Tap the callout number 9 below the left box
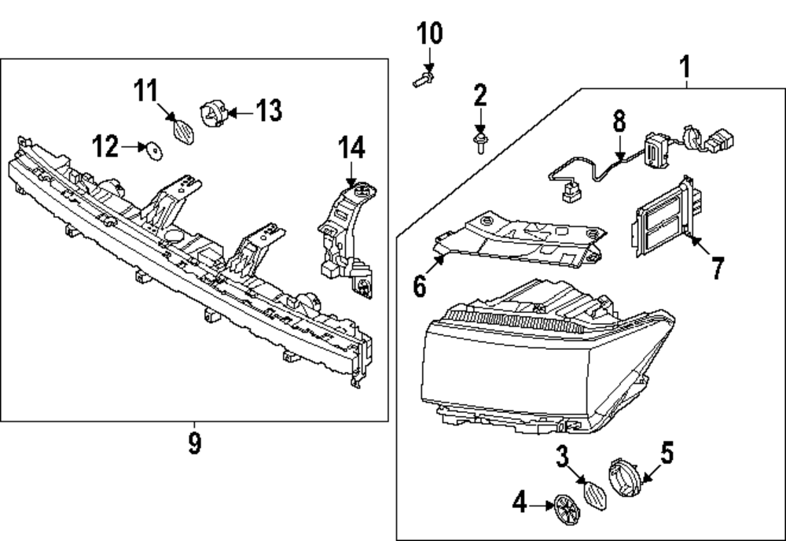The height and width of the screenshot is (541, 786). pos(195,443)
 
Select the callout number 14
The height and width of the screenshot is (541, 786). pos(352,147)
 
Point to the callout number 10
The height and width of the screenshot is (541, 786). pos(429,34)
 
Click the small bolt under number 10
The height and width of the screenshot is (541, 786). pos(422,78)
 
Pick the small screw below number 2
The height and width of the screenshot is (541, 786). pos(479,143)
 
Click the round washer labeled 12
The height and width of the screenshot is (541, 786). pos(153,148)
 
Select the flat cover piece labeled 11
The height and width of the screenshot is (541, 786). pos(183,130)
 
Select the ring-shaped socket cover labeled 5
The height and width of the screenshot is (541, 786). pos(624,475)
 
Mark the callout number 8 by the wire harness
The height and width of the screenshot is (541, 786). pos(619,121)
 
